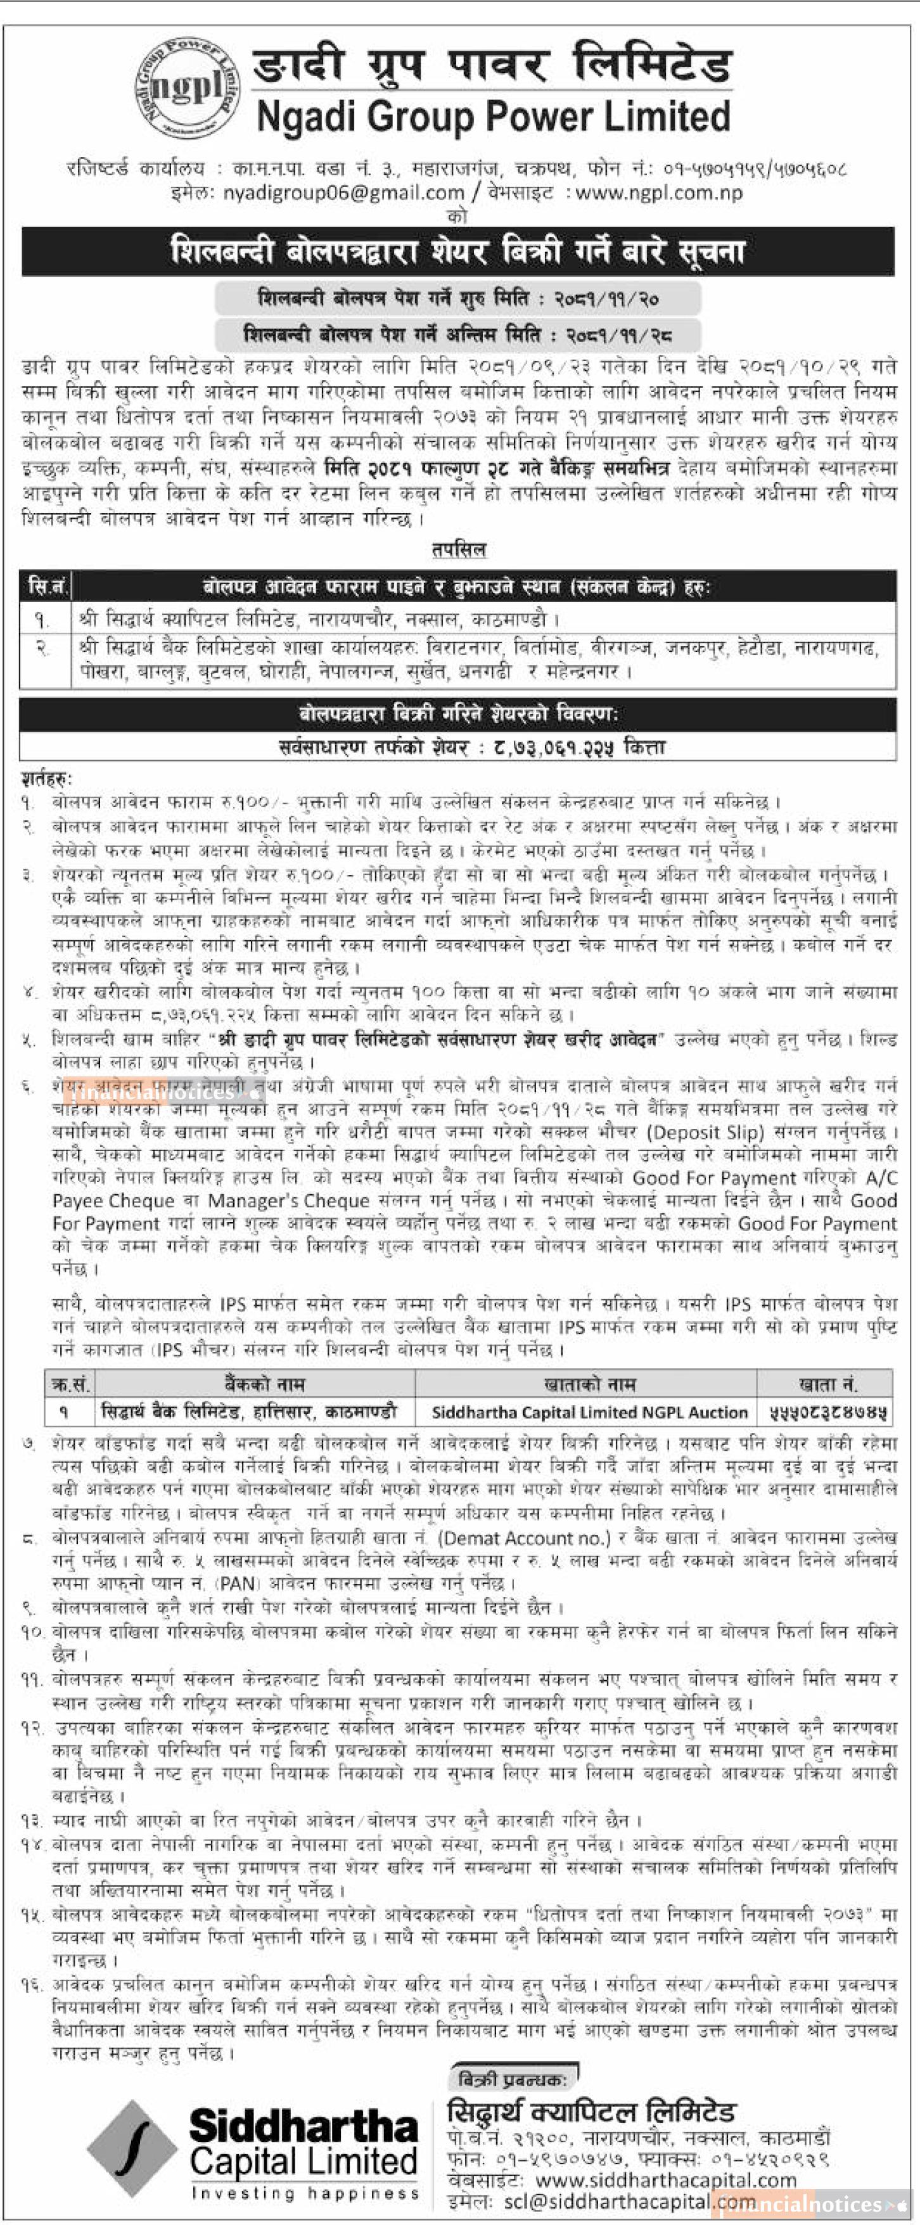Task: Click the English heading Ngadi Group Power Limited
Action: tap(493, 117)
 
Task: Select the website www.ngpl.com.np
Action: tap(658, 193)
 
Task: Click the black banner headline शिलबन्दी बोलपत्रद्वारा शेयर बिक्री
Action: tap(458, 252)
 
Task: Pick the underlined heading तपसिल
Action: tap(459, 549)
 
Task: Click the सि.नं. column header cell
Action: tap(47, 587)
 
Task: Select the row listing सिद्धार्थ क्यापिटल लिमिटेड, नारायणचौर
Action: tap(319, 620)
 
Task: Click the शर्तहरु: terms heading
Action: tap(48, 779)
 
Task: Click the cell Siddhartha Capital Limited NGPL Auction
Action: tap(589, 1412)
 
